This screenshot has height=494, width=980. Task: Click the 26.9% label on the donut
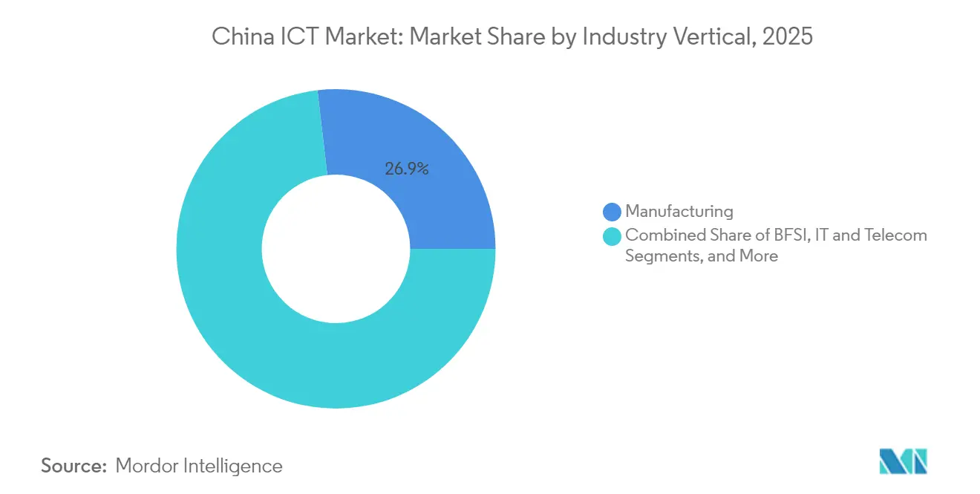(x=406, y=169)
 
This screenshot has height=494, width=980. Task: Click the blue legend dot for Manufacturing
(x=612, y=212)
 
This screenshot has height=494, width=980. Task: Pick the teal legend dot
(x=612, y=237)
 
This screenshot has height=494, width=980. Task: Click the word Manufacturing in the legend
(x=679, y=212)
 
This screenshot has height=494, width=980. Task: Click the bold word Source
(x=74, y=467)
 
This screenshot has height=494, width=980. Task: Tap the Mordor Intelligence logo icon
(x=904, y=461)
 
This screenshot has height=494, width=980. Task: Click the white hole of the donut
(x=336, y=249)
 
